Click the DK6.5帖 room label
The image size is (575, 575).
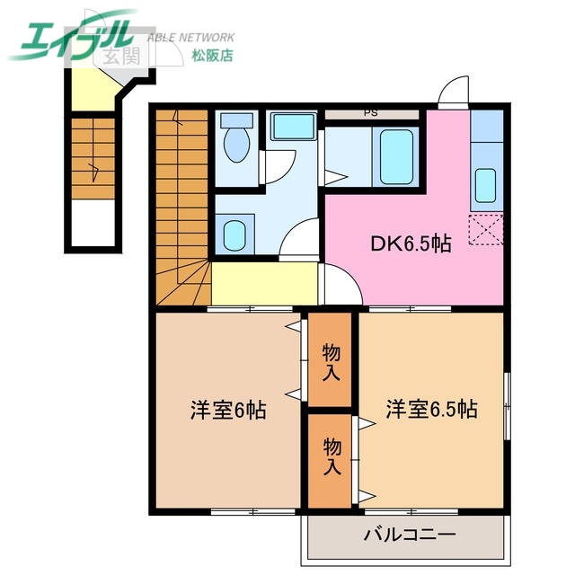(x=411, y=243)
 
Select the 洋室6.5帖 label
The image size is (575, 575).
(x=431, y=410)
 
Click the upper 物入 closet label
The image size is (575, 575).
(x=331, y=360)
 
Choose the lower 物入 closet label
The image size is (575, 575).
(x=331, y=456)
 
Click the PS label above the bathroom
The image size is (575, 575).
(x=370, y=113)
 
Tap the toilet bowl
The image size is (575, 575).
(x=237, y=145)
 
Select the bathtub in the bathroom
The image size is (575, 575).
(x=395, y=156)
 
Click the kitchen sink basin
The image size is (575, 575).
(x=485, y=185)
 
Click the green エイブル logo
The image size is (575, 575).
(x=72, y=36)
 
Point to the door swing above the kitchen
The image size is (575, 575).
(x=454, y=93)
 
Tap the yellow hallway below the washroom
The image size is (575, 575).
(x=265, y=283)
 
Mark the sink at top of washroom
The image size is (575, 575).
(x=293, y=127)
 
